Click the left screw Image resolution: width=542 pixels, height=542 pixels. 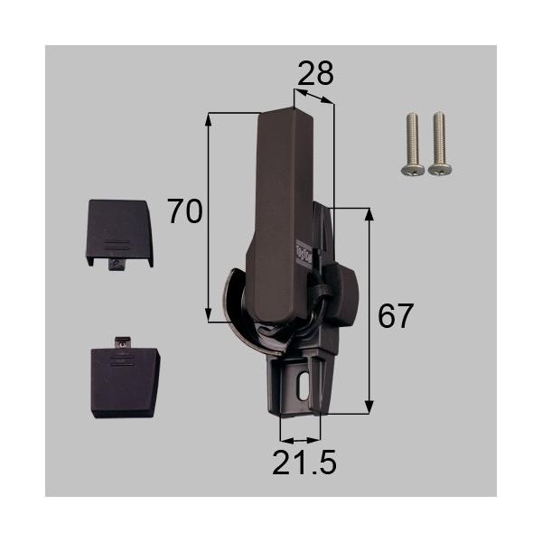click(415, 143)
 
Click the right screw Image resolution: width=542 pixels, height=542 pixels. click(440, 143)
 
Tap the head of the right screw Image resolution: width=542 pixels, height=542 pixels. click(440, 168)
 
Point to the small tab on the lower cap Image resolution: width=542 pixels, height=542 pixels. click(120, 343)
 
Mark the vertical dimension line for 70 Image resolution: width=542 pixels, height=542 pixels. click(210, 217)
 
